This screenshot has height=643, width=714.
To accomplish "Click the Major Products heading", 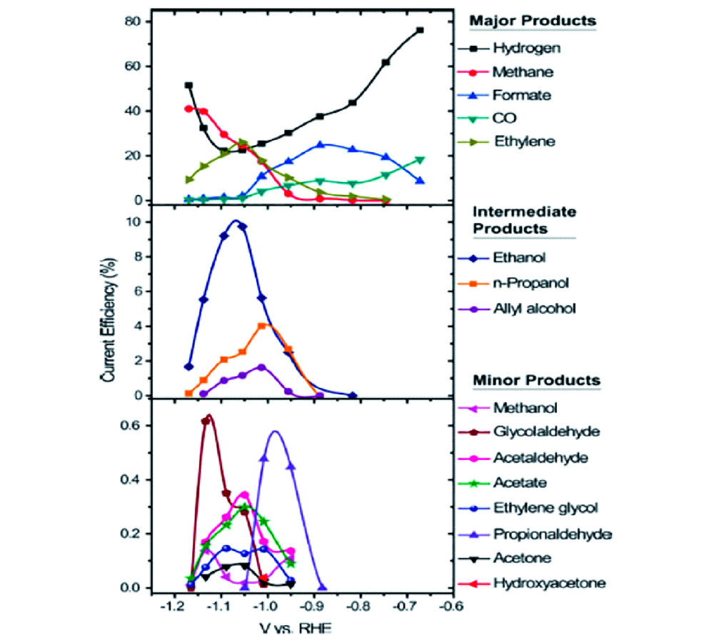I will (532, 21).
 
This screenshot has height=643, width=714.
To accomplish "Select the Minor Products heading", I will (534, 380).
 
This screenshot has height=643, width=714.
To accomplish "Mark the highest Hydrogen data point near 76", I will (420, 30).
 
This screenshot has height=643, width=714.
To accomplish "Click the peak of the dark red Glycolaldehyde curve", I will (208, 416).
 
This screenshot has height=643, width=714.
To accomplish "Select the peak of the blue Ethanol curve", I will (235, 221).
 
